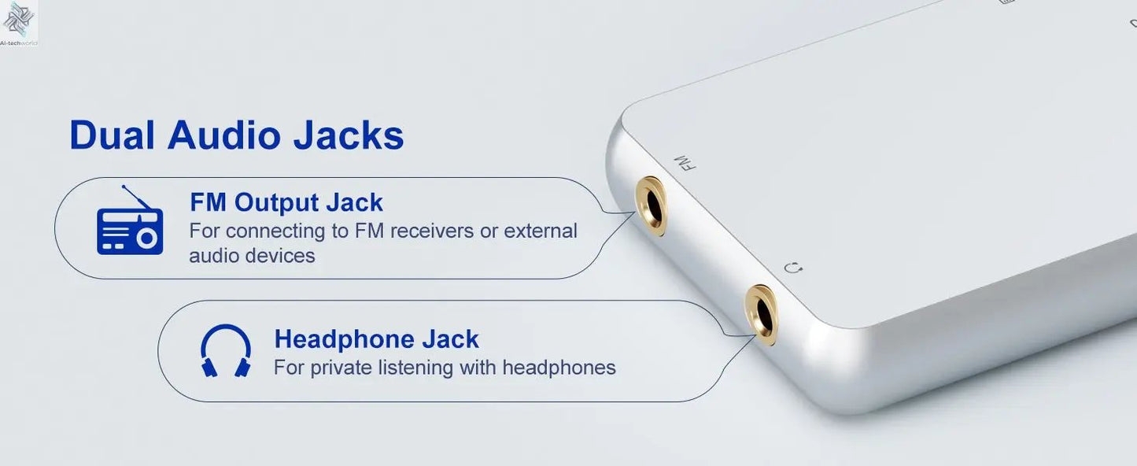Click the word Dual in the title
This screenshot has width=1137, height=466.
coord(112,135)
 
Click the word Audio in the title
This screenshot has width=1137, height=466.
coord(223,135)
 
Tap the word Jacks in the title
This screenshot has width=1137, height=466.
coord(349,135)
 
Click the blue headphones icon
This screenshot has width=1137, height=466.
coord(226,350)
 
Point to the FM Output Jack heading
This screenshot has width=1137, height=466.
coord(286,202)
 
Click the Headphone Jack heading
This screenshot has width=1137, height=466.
coord(376,338)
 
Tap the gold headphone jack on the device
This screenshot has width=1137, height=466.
coord(761,315)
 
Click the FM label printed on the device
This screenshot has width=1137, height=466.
coord(685,163)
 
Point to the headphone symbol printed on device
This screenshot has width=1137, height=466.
coord(793,268)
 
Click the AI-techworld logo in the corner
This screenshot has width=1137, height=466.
coord(19,24)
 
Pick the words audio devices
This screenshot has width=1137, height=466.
coord(252,255)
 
